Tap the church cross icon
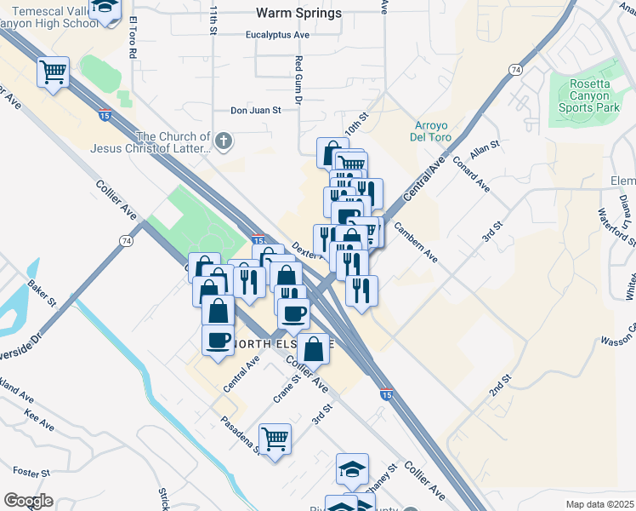click(x=224, y=141)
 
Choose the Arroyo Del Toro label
click(x=437, y=132)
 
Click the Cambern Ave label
click(x=415, y=243)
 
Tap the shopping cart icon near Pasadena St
click(x=275, y=439)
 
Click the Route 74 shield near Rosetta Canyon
click(x=515, y=68)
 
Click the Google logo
click(x=27, y=501)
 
